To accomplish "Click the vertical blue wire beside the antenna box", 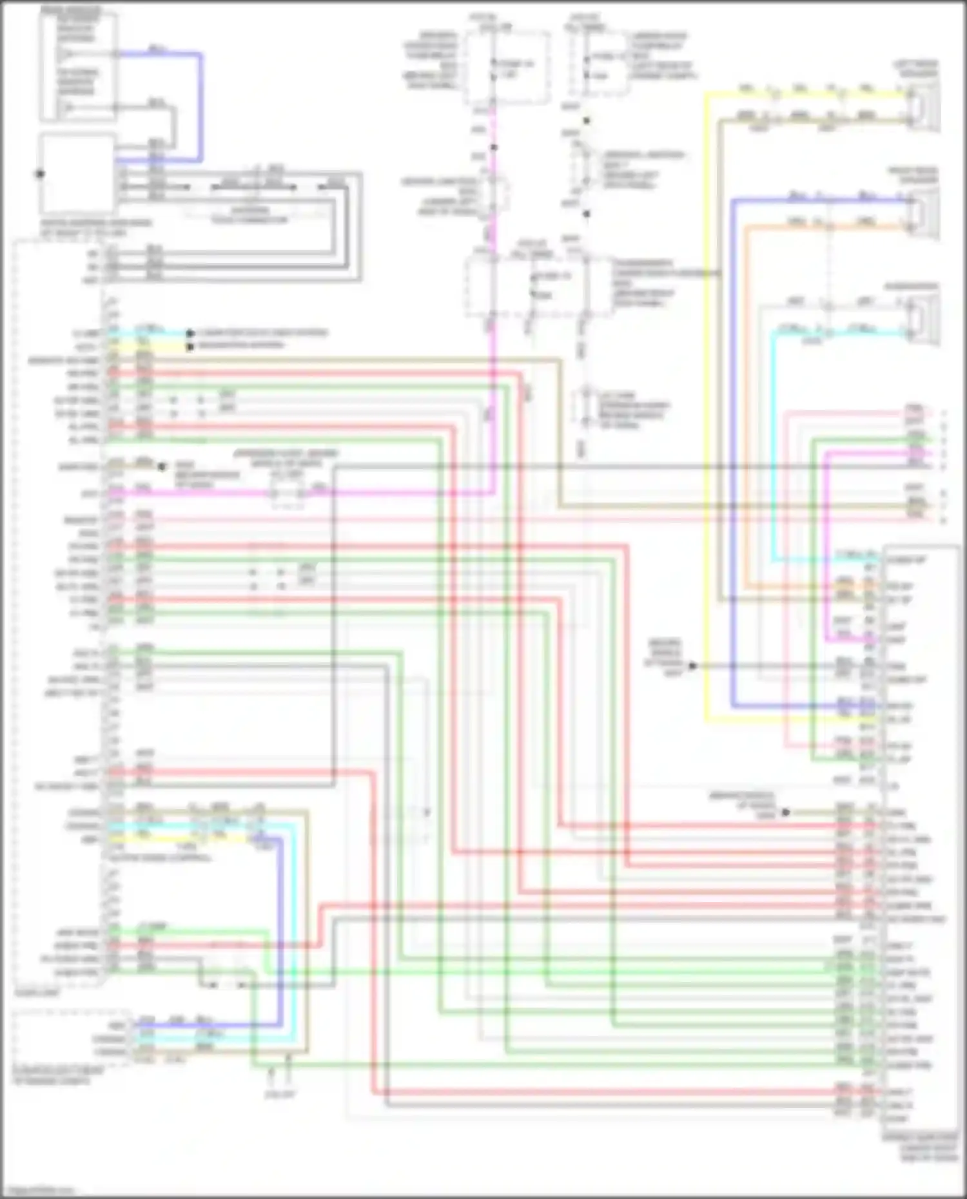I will tap(201, 106).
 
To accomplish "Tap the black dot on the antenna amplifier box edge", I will tap(40, 174).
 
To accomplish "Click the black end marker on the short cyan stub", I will tap(190, 334).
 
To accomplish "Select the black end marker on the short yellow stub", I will tap(190, 347).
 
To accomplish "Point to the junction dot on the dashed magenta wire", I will tap(494, 148).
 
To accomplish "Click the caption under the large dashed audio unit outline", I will tap(38, 993).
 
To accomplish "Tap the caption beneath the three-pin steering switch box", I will tap(52, 1076).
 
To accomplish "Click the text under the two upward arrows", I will tap(280, 1094).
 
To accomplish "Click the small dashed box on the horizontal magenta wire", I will tap(288, 494).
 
